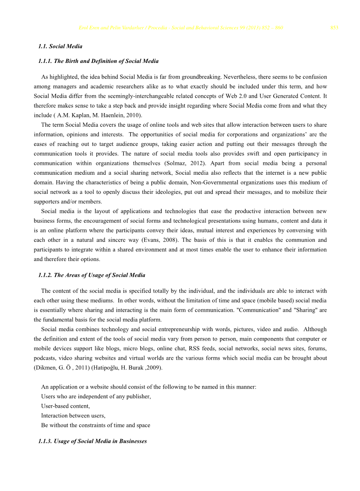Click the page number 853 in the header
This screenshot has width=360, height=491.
point(334,28)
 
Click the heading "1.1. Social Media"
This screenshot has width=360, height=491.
point(60,46)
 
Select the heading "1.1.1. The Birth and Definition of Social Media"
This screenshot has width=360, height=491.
point(98,61)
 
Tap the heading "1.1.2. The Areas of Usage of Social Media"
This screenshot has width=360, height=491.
point(91,275)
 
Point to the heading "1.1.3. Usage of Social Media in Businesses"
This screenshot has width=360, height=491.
point(92,441)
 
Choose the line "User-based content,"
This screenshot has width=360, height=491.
point(65,406)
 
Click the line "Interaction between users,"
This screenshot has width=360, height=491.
point(73,416)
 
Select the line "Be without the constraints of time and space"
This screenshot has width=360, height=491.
point(95,425)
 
